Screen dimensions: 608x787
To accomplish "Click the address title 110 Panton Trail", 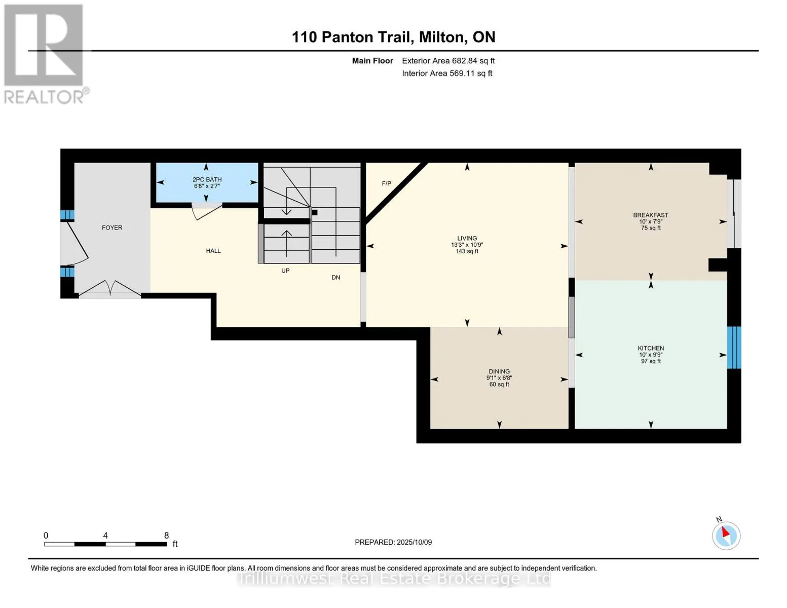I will point(393,37).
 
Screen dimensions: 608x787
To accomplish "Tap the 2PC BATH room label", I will point(207,179).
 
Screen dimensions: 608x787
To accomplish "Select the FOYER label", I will point(112,228).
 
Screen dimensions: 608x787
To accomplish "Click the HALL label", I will point(213,251).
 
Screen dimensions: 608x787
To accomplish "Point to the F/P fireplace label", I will point(387,183).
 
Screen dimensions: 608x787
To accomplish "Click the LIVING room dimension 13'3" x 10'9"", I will point(467,245).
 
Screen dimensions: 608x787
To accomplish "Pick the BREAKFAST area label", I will point(651,215).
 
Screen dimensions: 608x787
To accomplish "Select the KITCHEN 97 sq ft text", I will point(651,361).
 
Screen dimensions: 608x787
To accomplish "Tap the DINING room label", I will point(499,371).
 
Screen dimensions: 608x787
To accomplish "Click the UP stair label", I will point(285,271).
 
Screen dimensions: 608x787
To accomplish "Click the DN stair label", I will point(335,278).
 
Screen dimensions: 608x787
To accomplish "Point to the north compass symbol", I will point(726,535).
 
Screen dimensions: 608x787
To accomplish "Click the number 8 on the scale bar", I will point(166,536).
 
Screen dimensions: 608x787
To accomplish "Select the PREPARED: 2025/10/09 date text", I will point(393,542).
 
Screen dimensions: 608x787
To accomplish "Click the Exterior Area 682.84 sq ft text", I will point(448,61).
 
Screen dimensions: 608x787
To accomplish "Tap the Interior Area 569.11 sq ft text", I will point(447,73).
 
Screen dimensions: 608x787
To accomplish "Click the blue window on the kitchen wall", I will point(734,348).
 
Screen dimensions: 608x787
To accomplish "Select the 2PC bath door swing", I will point(206,212).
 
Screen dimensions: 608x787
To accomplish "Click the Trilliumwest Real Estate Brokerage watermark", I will point(393,579).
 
